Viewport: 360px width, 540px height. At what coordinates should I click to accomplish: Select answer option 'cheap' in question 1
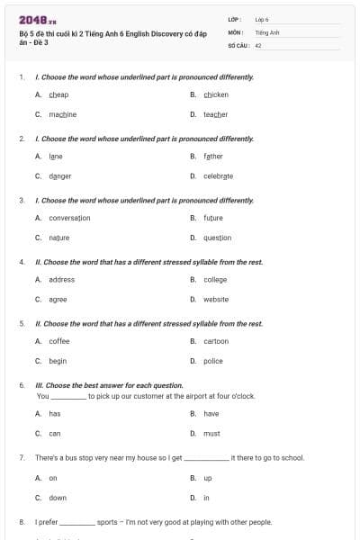click(x=59, y=94)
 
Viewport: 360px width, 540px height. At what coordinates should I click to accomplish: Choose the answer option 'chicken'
click(x=216, y=94)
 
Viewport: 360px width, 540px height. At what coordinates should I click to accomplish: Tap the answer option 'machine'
click(x=63, y=114)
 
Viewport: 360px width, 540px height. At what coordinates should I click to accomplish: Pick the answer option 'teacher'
click(x=215, y=114)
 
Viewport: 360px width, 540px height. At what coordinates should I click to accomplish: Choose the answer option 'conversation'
click(x=69, y=218)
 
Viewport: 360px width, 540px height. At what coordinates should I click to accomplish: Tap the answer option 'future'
click(x=213, y=218)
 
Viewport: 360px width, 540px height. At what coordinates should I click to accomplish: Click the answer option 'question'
click(x=217, y=238)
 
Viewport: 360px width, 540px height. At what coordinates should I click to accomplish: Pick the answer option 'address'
click(x=62, y=280)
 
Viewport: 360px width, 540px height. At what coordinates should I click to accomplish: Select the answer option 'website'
click(x=216, y=300)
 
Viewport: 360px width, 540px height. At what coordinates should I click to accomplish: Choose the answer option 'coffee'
click(x=59, y=341)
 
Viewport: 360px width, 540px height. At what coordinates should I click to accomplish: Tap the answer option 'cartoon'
click(x=216, y=341)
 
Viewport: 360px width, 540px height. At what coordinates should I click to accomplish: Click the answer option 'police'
click(x=213, y=361)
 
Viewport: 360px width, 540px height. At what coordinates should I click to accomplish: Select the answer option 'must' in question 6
click(x=211, y=433)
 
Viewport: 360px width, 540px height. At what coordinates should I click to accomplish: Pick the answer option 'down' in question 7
click(x=58, y=498)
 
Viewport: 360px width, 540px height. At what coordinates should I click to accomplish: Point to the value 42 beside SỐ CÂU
click(x=258, y=44)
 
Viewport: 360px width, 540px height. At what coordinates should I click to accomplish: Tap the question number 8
click(x=22, y=521)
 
